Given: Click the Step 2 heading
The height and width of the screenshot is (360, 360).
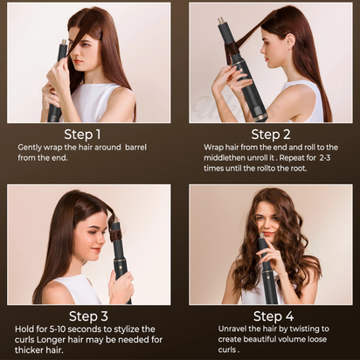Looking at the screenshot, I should (271, 134).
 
